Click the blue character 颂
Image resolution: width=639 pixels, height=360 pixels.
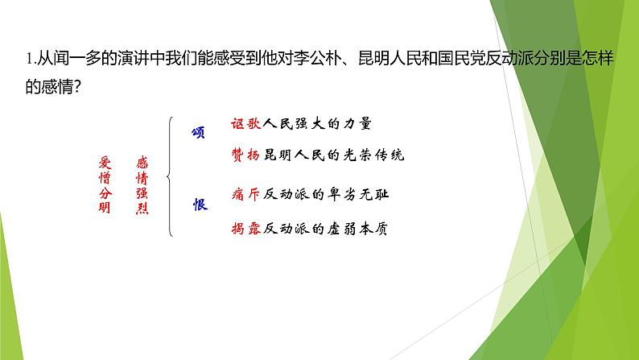199,133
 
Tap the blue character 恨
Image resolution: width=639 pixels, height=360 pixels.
200,205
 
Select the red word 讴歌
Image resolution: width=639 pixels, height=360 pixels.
245,123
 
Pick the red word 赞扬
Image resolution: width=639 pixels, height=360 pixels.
245,155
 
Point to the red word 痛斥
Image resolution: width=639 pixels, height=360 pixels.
245,194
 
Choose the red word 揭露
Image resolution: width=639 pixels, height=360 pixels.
245,228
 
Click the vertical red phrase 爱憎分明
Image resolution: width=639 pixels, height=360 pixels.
105,184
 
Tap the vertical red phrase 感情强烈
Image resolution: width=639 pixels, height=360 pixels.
142,184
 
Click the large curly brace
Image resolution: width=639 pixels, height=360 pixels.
170,176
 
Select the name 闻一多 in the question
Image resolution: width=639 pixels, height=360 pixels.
76,58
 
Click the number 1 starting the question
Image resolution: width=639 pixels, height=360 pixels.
29,59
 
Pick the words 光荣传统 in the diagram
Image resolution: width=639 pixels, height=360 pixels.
374,155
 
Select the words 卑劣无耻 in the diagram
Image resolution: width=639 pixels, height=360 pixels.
359,194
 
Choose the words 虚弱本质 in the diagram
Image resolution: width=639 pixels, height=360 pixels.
358,228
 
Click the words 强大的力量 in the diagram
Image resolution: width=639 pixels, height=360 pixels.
333,123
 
